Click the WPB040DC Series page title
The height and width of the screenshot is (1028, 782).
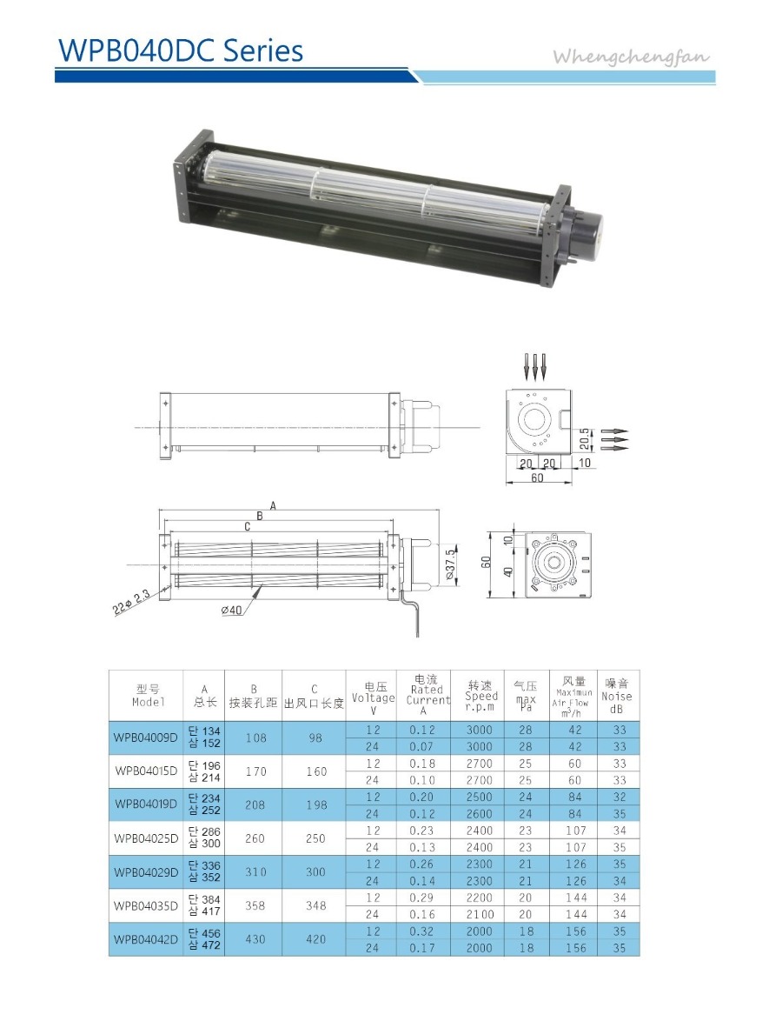pos(181,50)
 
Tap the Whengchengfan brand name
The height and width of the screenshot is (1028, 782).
pos(631,57)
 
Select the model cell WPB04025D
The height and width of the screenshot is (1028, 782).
pos(146,838)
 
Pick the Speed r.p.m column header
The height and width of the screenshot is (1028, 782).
pos(480,696)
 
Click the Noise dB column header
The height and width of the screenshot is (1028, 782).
pos(617,697)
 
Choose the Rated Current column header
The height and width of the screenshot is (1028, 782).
pos(427,695)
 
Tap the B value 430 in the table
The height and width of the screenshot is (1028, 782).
pos(255,939)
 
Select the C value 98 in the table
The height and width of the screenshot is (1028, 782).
pos(315,738)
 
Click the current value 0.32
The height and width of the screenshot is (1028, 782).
pos(421,931)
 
